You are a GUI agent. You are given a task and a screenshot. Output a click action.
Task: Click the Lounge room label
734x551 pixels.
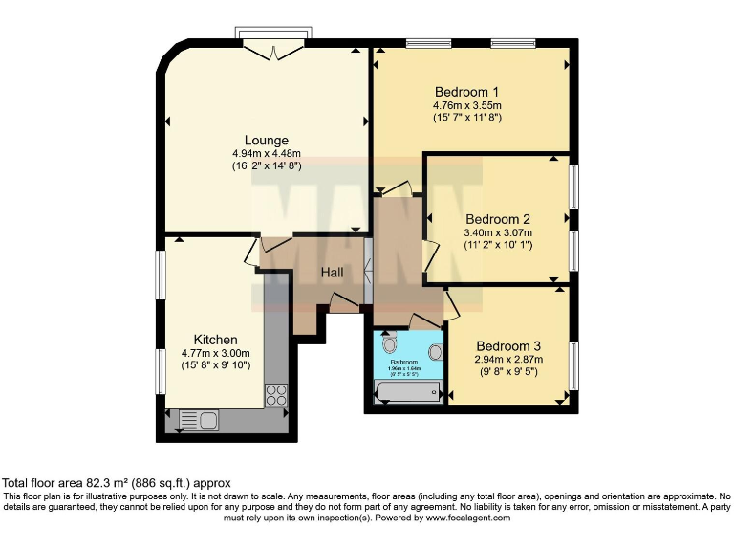[x=267, y=141]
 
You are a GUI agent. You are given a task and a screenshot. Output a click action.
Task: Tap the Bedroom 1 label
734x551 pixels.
[x=466, y=92]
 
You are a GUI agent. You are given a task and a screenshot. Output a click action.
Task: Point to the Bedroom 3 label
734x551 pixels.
[x=508, y=346]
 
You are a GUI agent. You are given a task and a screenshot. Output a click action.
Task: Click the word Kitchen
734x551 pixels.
[x=215, y=340]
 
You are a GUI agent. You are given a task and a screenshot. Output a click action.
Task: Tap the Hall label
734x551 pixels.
[x=332, y=273]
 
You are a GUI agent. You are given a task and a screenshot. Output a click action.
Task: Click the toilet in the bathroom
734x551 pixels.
[x=388, y=342]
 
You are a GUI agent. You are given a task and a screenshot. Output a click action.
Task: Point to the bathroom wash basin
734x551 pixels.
[x=436, y=351]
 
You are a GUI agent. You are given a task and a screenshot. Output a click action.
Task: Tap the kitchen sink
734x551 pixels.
[x=198, y=419]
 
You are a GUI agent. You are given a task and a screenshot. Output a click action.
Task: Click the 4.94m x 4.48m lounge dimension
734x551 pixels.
[x=267, y=153]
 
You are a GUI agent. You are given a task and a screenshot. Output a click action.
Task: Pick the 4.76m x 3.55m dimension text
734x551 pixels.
[x=466, y=105]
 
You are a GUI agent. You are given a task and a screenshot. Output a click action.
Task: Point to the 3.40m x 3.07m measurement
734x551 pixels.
[x=497, y=232]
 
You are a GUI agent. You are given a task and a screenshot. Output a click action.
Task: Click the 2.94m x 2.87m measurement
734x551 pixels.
[x=508, y=360]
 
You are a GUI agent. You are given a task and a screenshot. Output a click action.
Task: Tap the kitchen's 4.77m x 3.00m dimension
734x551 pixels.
[x=215, y=353]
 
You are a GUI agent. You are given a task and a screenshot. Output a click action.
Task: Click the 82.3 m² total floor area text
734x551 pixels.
[x=117, y=483]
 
